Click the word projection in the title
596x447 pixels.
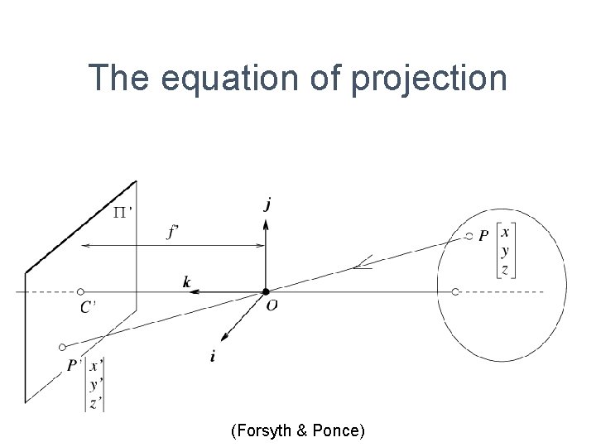(x=429, y=79)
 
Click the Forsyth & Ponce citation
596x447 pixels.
(x=298, y=430)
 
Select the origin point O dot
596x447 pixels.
(x=266, y=291)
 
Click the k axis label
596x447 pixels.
(x=187, y=282)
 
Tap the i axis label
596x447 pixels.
(x=214, y=356)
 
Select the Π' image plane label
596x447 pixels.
(x=123, y=213)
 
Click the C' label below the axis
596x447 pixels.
(x=87, y=307)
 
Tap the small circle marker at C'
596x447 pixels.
(x=80, y=291)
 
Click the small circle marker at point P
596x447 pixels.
(x=469, y=237)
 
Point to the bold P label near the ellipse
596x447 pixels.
(x=483, y=238)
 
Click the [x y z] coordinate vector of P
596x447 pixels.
(x=505, y=249)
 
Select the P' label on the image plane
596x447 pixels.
(x=74, y=365)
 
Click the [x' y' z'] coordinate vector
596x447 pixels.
(x=95, y=384)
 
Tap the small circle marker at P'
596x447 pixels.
(x=63, y=347)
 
